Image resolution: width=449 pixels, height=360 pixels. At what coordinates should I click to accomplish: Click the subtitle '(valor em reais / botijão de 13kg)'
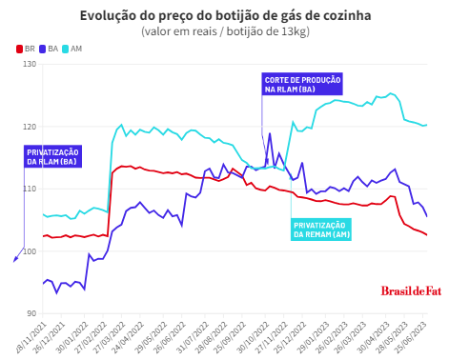tap(225, 31)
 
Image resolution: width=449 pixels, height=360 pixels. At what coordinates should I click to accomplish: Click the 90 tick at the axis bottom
tap(31, 313)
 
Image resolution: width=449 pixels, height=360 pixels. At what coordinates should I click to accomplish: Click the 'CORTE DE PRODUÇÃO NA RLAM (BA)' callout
tap(302, 84)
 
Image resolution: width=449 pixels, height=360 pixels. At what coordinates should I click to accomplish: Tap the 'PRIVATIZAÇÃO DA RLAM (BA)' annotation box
tap(53, 155)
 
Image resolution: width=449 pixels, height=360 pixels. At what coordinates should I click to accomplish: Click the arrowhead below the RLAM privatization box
tap(14, 258)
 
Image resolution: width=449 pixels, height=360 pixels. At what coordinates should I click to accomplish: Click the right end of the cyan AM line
tap(426, 125)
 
